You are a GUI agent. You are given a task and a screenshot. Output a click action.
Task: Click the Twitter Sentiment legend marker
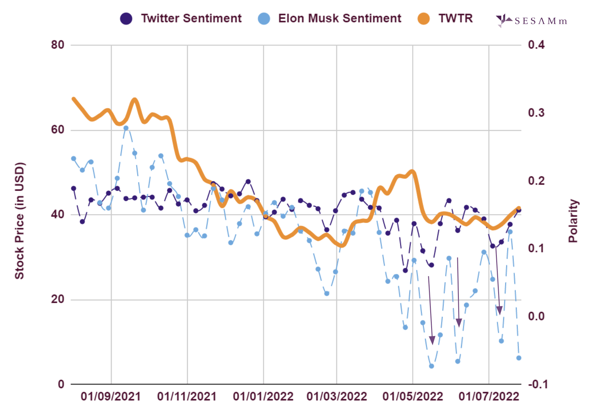pos(126,19)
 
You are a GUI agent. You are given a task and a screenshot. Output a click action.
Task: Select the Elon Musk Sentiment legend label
pos(339,18)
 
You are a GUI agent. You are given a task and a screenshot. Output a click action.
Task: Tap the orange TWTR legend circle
pos(424,19)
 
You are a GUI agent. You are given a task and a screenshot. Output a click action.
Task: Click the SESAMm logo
pos(531,21)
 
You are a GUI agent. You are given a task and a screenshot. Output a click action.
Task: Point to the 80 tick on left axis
pos(58,45)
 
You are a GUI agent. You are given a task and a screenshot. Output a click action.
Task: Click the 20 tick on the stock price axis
pos(58,299)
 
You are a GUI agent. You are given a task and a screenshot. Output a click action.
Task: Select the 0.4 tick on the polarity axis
pos(536,45)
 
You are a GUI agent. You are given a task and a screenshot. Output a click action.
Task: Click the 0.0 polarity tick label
pos(536,316)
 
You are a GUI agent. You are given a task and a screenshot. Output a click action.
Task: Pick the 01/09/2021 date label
pos(111,397)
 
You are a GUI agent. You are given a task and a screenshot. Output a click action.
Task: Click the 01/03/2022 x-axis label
pos(337,397)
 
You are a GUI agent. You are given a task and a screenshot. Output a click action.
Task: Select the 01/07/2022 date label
pos(489,397)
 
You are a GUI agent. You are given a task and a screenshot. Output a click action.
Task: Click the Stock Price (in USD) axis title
pos(19,221)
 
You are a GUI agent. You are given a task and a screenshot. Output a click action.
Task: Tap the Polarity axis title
pos(573,221)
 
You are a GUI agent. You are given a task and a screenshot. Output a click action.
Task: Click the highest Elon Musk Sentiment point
pos(126,128)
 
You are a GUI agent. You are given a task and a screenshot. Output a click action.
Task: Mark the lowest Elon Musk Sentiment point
pos(431,366)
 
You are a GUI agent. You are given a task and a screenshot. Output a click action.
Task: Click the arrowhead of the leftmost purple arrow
pos(432,341)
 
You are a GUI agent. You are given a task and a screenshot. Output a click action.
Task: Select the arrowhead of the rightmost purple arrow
pos(499,311)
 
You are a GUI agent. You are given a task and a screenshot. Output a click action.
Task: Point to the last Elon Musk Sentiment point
pos(519,358)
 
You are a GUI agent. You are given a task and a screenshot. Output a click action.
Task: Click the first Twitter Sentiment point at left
pos(74,188)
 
